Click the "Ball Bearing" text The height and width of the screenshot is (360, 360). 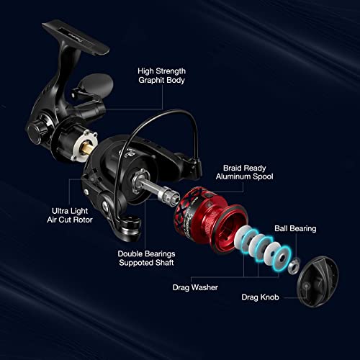pyautogui.click(x=295, y=229)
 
